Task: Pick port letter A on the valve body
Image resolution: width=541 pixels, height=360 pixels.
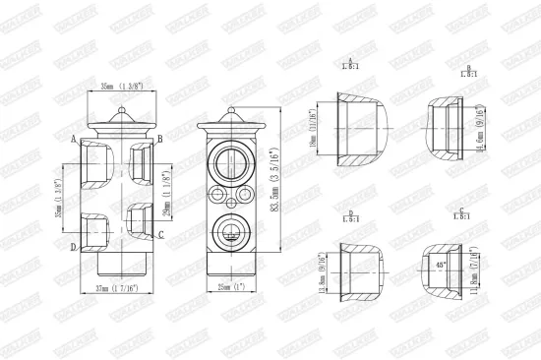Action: point(74,139)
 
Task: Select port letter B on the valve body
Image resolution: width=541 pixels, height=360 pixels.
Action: point(160,139)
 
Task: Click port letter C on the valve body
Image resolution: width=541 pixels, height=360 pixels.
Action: point(160,234)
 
